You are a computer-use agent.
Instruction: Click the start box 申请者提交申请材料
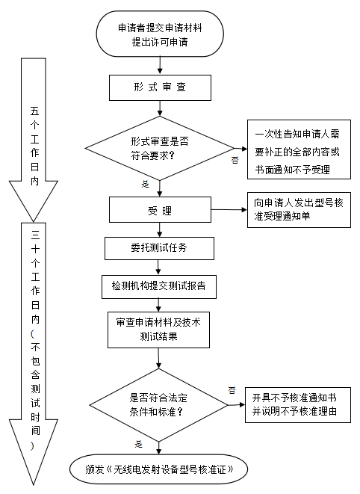(x=159, y=35)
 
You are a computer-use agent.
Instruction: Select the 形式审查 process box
(x=159, y=88)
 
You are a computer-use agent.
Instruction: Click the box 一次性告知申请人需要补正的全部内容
(x=297, y=152)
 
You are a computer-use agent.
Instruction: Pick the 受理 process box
(x=160, y=211)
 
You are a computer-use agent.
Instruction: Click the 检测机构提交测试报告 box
(x=159, y=285)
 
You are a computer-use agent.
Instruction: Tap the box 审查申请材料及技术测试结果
(x=159, y=329)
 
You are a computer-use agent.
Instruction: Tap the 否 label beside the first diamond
(x=235, y=160)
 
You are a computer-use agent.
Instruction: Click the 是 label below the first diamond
(x=145, y=183)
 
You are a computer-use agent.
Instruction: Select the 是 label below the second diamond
(x=138, y=444)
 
